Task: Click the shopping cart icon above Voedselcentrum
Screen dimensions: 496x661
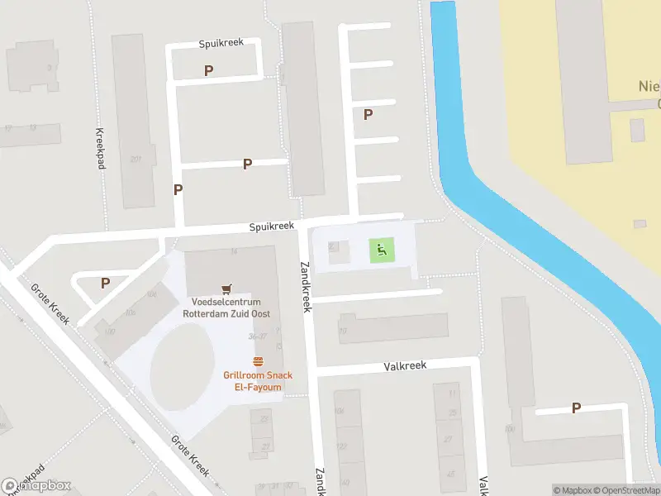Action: point(226,288)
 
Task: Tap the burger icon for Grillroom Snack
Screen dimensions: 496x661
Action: point(258,361)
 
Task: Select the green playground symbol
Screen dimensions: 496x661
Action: point(381,250)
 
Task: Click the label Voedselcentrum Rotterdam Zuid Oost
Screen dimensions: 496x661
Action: point(226,308)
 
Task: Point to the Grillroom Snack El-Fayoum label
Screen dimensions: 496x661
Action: point(257,381)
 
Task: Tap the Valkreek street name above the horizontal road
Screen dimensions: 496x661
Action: point(405,366)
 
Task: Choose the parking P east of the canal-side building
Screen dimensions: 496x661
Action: point(576,408)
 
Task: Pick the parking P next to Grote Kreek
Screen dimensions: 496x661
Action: point(105,283)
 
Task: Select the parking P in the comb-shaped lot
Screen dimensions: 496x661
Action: point(368,115)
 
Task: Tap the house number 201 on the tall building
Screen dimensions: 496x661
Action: point(135,160)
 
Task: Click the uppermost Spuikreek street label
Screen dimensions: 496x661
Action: point(221,43)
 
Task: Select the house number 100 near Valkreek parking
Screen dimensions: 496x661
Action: point(508,429)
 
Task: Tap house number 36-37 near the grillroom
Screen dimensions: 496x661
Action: point(257,336)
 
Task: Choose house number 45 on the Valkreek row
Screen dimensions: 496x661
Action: point(451,474)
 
